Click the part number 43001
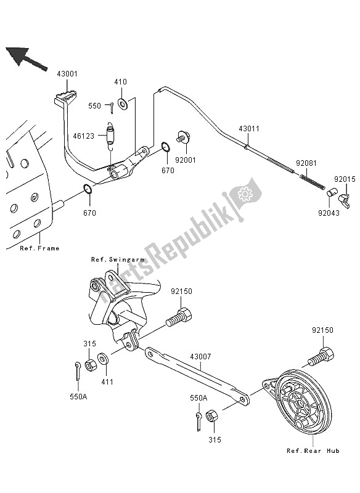click(68, 73)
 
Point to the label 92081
click(306, 163)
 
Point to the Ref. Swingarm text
click(117, 259)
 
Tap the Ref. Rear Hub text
click(313, 451)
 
